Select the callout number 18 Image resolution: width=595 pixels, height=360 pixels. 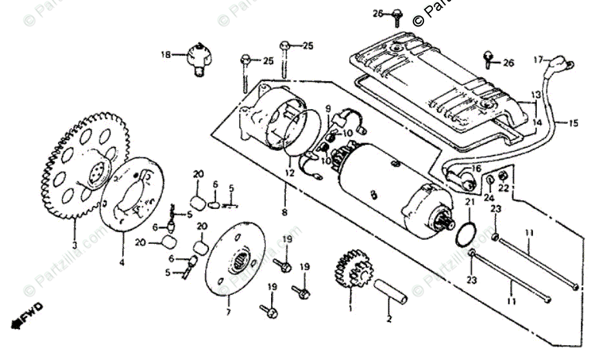click(166, 55)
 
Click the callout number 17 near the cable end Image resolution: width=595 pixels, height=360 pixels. click(538, 61)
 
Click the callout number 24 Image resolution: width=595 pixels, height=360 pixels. click(489, 197)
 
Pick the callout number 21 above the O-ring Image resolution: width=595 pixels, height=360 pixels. click(469, 203)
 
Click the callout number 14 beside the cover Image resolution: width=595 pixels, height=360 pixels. click(537, 121)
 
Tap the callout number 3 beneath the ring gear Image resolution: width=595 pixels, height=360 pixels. click(74, 245)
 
